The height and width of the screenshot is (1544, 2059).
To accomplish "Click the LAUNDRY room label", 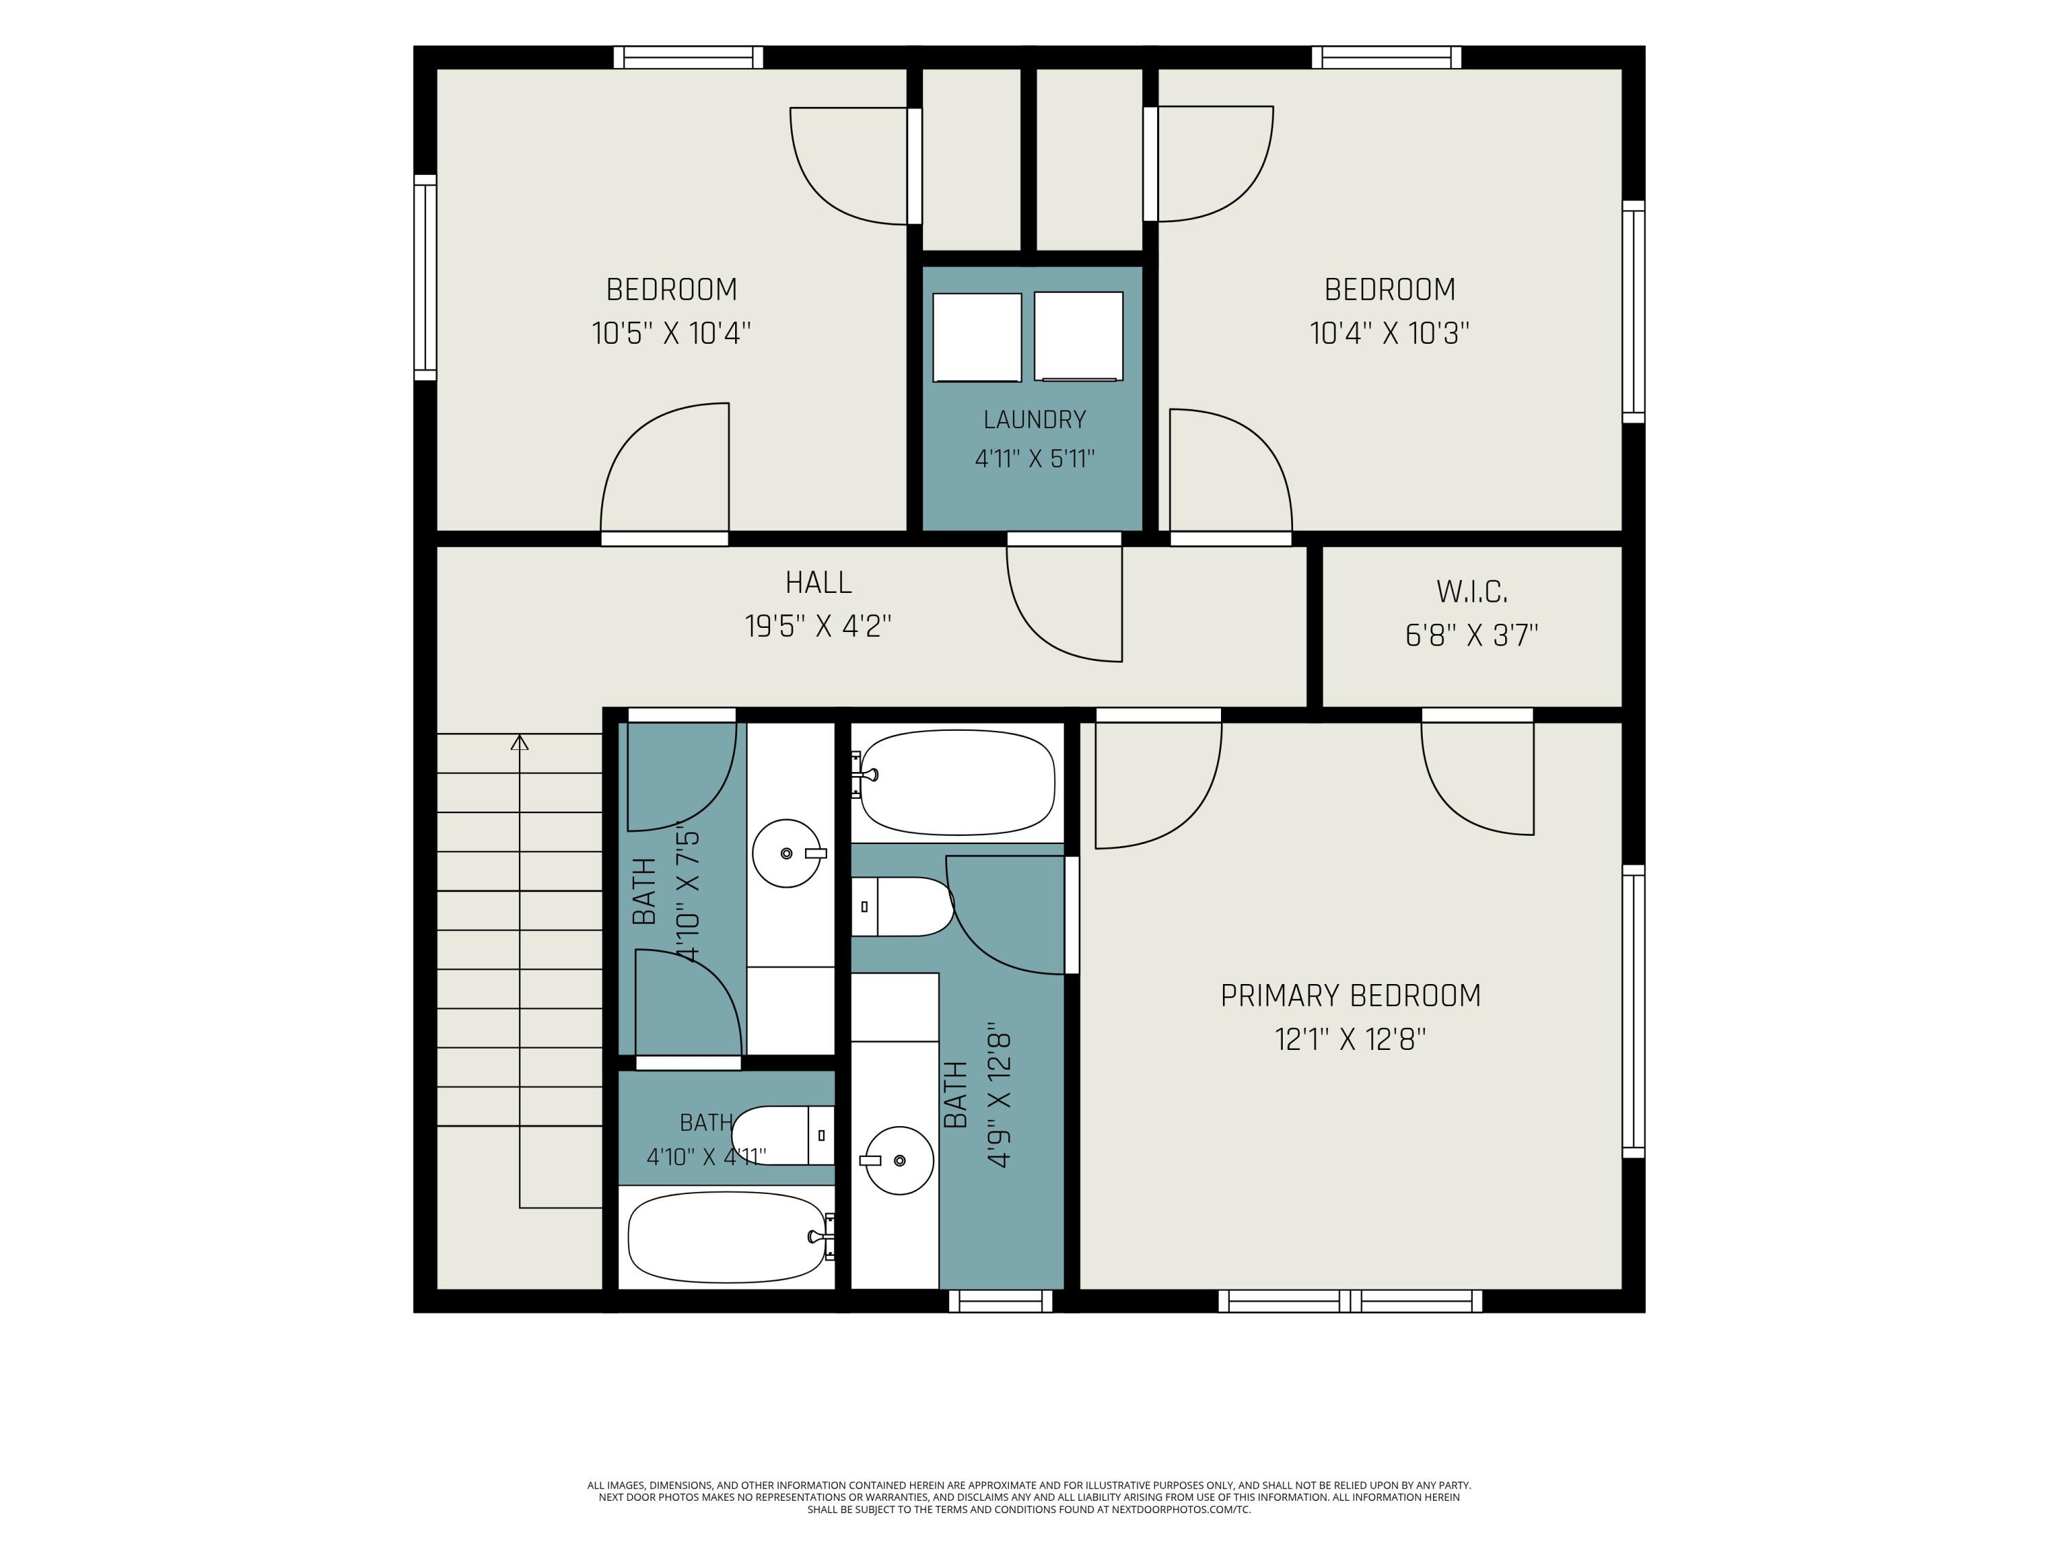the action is (1034, 420).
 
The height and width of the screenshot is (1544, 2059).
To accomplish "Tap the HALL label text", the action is (818, 583).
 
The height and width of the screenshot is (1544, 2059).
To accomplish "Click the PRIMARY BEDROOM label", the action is (1350, 996).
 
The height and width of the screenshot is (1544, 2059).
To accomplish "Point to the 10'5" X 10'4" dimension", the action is (671, 334).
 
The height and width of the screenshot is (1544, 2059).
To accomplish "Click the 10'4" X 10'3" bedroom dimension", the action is (1389, 334).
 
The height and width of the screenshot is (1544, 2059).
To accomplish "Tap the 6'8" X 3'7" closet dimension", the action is (1471, 635).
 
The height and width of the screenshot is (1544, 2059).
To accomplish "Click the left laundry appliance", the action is (977, 338).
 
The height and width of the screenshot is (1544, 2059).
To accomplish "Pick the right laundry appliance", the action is (1079, 336).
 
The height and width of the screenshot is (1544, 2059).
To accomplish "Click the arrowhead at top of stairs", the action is (520, 742).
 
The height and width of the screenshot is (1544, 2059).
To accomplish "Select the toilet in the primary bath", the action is (902, 906).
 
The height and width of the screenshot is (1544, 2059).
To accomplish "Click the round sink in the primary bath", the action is (899, 1160).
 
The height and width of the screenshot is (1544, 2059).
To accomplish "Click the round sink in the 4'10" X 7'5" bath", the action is (787, 854).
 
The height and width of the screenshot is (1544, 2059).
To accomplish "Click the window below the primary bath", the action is (1001, 1301).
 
